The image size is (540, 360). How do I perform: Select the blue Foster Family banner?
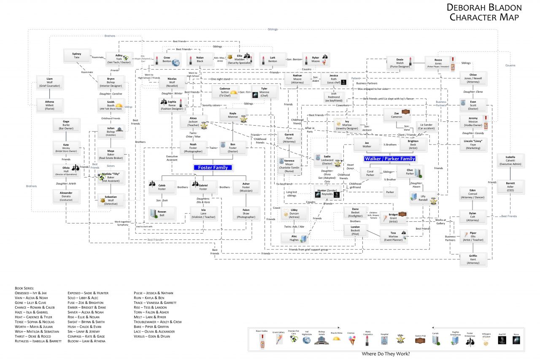coord(213,167)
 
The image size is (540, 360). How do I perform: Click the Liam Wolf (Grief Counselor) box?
coord(49,82)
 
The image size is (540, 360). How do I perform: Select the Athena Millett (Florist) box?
coord(49,104)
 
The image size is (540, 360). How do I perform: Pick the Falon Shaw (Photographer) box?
coord(246,213)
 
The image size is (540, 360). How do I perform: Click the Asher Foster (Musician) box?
coord(246,187)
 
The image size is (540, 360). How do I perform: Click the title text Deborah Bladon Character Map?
coord(484,12)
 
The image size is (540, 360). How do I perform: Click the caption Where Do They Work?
coord(386,353)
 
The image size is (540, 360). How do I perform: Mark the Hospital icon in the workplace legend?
coord(384,338)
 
